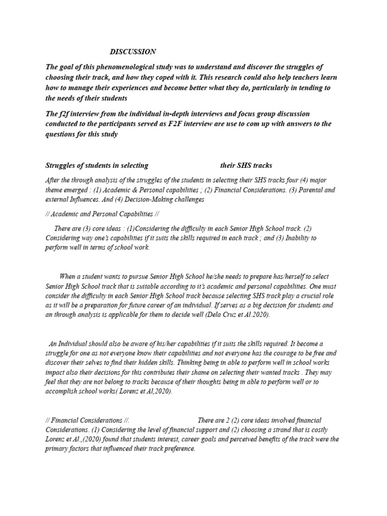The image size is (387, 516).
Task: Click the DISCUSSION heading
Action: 133,52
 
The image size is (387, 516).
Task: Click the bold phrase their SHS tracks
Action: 246,166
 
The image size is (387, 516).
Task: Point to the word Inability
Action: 299,238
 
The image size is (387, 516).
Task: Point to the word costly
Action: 317,429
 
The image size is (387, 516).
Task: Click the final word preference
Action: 178,448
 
